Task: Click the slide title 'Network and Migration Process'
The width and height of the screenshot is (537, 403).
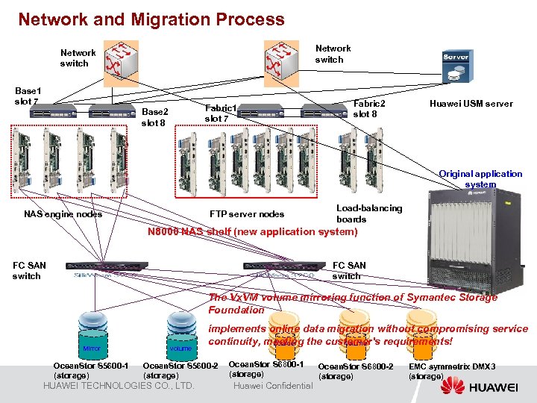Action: [x=151, y=19]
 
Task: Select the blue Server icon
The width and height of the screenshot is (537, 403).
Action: [x=456, y=66]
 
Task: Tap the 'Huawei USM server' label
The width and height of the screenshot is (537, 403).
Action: [x=471, y=104]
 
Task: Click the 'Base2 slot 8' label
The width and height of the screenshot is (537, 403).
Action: [x=154, y=117]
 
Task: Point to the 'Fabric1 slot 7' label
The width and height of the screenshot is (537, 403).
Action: [x=220, y=113]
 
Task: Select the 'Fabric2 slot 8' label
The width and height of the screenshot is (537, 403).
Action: [x=369, y=109]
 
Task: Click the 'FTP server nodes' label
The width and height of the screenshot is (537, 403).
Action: [x=247, y=214]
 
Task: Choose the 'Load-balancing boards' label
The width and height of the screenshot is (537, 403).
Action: [x=368, y=213]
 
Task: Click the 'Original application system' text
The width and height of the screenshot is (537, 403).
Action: [x=480, y=179]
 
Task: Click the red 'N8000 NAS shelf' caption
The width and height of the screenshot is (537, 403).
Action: [x=252, y=232]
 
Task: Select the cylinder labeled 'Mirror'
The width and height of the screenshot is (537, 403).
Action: [x=92, y=333]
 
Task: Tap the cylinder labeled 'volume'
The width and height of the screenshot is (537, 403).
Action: [x=180, y=333]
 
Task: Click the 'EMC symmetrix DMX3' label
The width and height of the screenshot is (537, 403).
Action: [x=452, y=372]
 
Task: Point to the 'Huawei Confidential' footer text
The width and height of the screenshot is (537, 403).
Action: [x=273, y=386]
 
